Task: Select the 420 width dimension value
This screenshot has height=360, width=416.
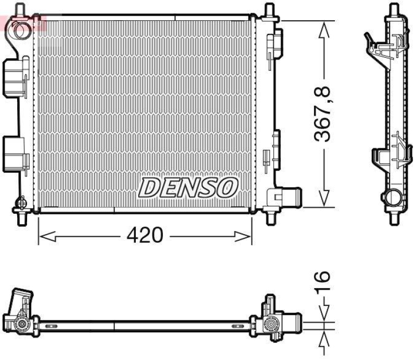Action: (145, 236)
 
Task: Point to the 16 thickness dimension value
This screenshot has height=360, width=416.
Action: (323, 281)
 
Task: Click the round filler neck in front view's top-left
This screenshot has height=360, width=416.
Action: (21, 30)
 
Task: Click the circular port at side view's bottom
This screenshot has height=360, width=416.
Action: (392, 198)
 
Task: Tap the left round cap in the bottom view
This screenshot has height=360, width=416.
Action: (22, 325)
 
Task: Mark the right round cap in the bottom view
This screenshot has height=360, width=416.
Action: (271, 325)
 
